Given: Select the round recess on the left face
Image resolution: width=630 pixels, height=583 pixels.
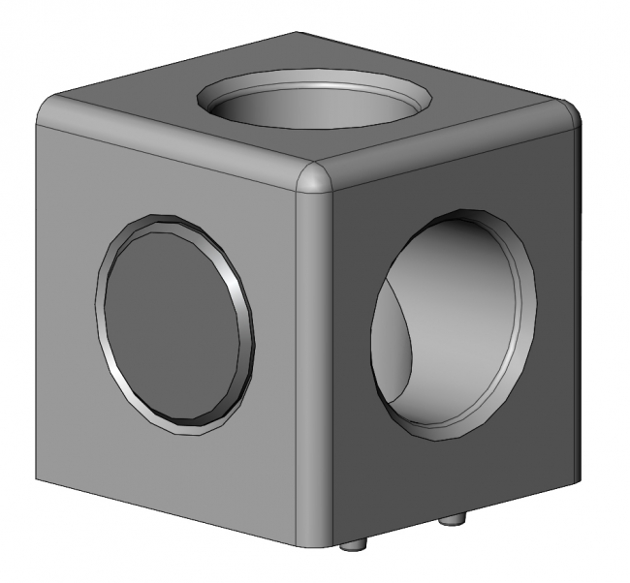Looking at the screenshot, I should (175, 324).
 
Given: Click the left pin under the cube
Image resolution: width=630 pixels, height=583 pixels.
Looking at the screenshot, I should (357, 545).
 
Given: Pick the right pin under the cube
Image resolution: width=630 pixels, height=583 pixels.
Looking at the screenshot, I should (452, 520).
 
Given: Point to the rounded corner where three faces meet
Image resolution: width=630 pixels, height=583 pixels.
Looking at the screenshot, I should (313, 181).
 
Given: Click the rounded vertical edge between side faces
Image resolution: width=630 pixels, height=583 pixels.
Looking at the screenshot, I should (313, 368).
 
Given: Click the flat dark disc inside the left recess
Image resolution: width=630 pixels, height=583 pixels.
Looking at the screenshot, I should (170, 324).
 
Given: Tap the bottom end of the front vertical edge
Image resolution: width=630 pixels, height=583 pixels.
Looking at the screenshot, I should (313, 542).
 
